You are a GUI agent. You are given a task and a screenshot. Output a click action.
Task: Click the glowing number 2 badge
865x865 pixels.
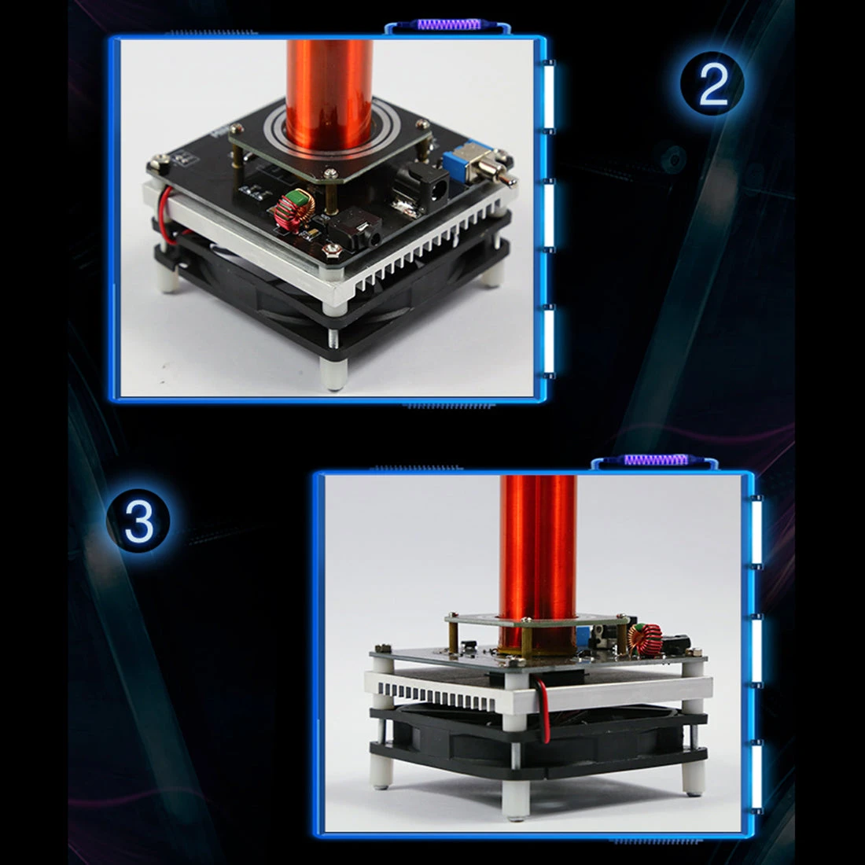pyautogui.click(x=712, y=83)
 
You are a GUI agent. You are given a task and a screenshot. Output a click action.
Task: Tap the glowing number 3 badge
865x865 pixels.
pyautogui.click(x=138, y=521)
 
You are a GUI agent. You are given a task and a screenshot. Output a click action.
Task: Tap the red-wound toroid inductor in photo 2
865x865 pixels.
pyautogui.click(x=294, y=210)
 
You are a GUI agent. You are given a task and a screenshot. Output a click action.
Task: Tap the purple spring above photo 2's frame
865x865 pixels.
pyautogui.click(x=449, y=24)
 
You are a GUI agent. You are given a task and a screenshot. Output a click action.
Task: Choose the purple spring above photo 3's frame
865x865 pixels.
pyautogui.click(x=656, y=459)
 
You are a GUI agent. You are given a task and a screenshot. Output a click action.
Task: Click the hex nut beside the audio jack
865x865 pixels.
pyautogui.click(x=332, y=250)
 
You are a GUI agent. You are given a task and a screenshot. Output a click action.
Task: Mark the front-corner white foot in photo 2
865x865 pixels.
pyautogui.click(x=334, y=374)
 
